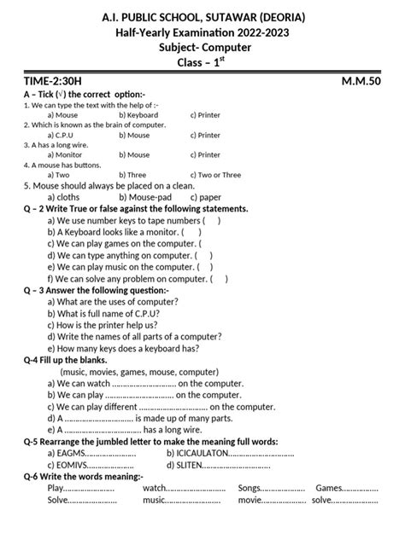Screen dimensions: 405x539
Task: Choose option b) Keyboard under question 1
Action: pos(138,114)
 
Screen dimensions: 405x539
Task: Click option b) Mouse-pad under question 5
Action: pos(145,196)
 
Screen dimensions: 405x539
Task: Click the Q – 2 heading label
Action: pos(38,208)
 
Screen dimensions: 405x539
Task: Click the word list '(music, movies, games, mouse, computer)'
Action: pos(139,372)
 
